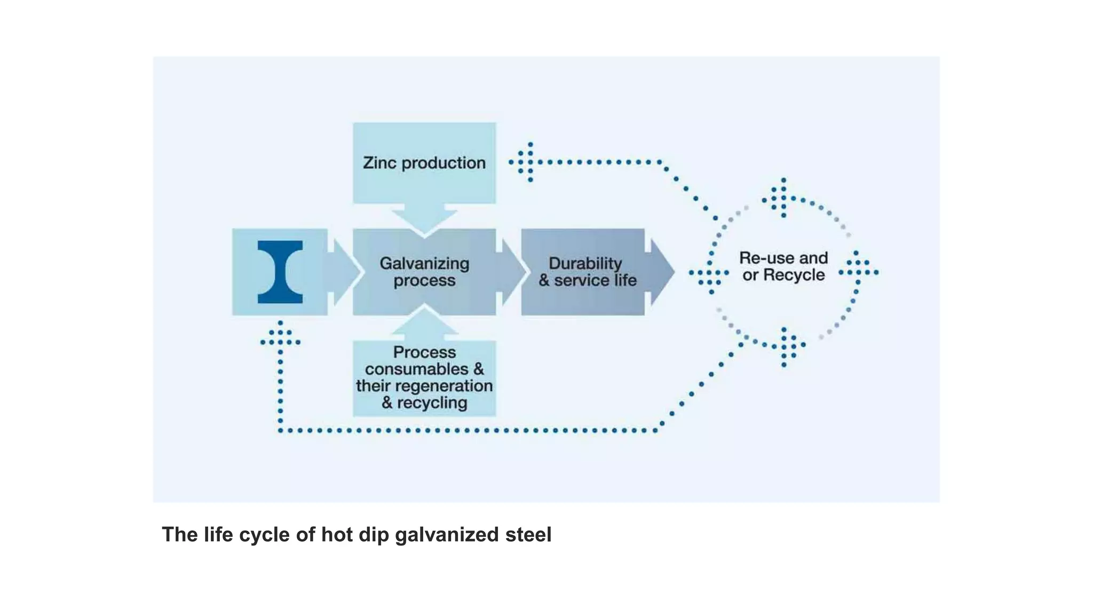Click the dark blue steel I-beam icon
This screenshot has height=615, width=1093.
pyautogui.click(x=280, y=272)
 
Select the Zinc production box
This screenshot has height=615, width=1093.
pyautogui.click(x=424, y=162)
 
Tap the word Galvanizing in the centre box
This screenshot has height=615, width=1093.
pyautogui.click(x=424, y=263)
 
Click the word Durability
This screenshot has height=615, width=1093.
pyautogui.click(x=585, y=263)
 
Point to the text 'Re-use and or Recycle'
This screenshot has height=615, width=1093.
pyautogui.click(x=783, y=266)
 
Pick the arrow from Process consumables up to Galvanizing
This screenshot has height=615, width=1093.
pyautogui.click(x=424, y=323)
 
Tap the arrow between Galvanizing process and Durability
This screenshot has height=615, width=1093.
pyautogui.click(x=509, y=272)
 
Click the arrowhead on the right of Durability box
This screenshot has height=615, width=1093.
pyautogui.click(x=661, y=272)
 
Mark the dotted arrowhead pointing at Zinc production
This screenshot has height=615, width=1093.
pyautogui.click(x=523, y=162)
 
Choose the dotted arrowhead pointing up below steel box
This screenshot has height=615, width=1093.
pyautogui.click(x=280, y=336)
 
